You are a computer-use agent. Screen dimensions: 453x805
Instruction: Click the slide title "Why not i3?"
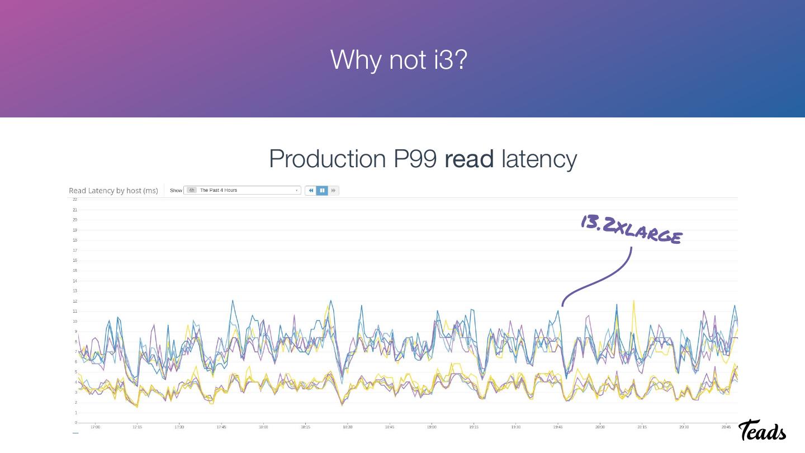398,59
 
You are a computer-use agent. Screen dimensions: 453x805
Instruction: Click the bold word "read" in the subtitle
469,159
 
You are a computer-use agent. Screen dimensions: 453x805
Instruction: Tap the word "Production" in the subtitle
327,159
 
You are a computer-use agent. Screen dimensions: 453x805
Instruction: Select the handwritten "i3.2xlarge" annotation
631,230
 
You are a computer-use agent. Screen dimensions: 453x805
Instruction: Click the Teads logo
762,431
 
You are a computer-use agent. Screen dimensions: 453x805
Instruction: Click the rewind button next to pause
311,191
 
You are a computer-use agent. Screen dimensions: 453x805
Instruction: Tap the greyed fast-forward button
333,191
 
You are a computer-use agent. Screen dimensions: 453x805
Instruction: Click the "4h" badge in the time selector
191,191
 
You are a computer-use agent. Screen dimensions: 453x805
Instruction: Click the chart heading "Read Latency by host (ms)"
113,191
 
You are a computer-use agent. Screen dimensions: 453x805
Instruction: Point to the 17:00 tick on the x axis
95,427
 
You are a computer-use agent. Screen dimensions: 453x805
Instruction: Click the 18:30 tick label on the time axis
347,427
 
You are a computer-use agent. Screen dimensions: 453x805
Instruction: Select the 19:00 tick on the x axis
432,427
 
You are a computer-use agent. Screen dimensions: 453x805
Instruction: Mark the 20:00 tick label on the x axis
600,427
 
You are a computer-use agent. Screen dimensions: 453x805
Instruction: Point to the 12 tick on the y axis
74,301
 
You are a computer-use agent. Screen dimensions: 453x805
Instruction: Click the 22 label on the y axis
74,200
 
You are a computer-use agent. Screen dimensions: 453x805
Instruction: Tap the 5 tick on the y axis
75,372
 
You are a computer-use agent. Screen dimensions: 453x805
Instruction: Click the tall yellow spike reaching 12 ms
633,301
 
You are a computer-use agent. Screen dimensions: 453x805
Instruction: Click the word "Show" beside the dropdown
176,191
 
